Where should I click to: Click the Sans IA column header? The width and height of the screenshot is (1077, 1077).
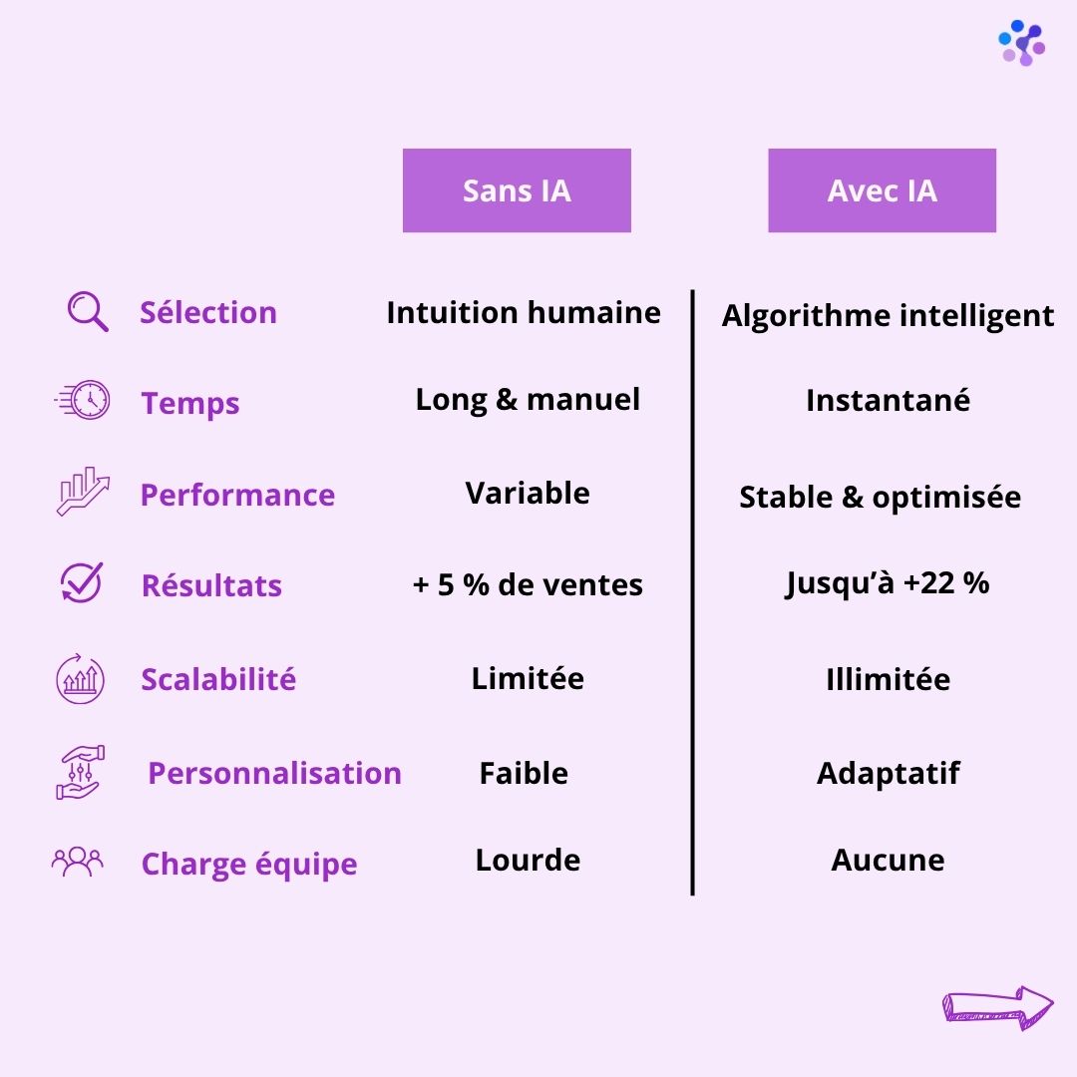tap(517, 190)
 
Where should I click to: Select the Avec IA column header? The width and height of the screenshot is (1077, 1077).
tap(882, 190)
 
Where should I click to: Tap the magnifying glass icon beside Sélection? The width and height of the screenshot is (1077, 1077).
tap(87, 311)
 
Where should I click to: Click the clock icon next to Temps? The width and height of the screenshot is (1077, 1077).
tap(83, 400)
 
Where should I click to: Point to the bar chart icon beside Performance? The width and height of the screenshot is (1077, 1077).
tap(83, 492)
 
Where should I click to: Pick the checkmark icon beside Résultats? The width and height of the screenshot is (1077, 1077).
tap(82, 582)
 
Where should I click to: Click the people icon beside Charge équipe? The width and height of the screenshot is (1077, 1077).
tap(78, 862)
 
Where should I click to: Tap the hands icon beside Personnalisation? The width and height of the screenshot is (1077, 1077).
tap(81, 772)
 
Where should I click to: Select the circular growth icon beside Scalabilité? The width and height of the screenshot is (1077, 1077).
tap(81, 679)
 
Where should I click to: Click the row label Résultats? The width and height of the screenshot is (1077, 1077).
tap(211, 586)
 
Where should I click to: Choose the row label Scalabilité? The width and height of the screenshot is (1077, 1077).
tap(218, 679)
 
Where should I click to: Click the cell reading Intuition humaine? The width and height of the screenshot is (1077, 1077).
tap(524, 312)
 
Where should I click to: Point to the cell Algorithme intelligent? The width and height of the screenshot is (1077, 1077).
tap(888, 316)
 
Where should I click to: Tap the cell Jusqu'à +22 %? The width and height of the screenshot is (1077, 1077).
tap(887, 583)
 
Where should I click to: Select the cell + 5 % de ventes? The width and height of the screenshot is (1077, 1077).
tap(528, 584)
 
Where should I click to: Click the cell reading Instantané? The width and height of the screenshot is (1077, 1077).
tap(888, 401)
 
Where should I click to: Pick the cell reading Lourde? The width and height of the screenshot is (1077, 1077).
tap(528, 860)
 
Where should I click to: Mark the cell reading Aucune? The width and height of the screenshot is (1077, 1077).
tap(888, 860)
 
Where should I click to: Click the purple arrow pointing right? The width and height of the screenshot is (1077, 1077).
tap(997, 1007)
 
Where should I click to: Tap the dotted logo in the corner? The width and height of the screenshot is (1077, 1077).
tap(1021, 43)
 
